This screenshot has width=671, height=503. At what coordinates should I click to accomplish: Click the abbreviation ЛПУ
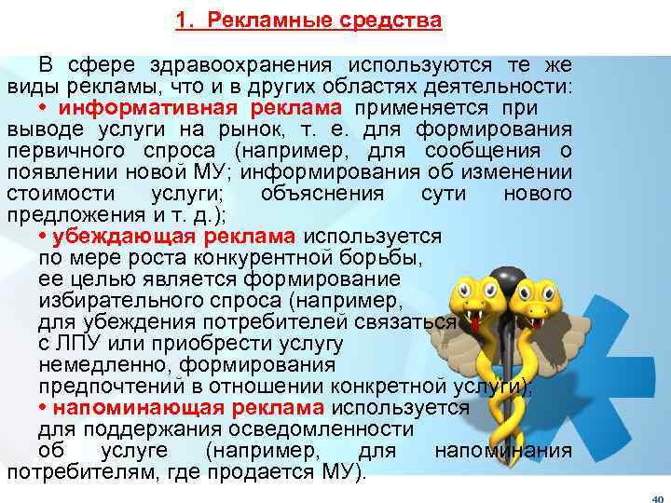[80, 344]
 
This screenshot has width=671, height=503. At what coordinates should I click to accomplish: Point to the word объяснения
[322, 194]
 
